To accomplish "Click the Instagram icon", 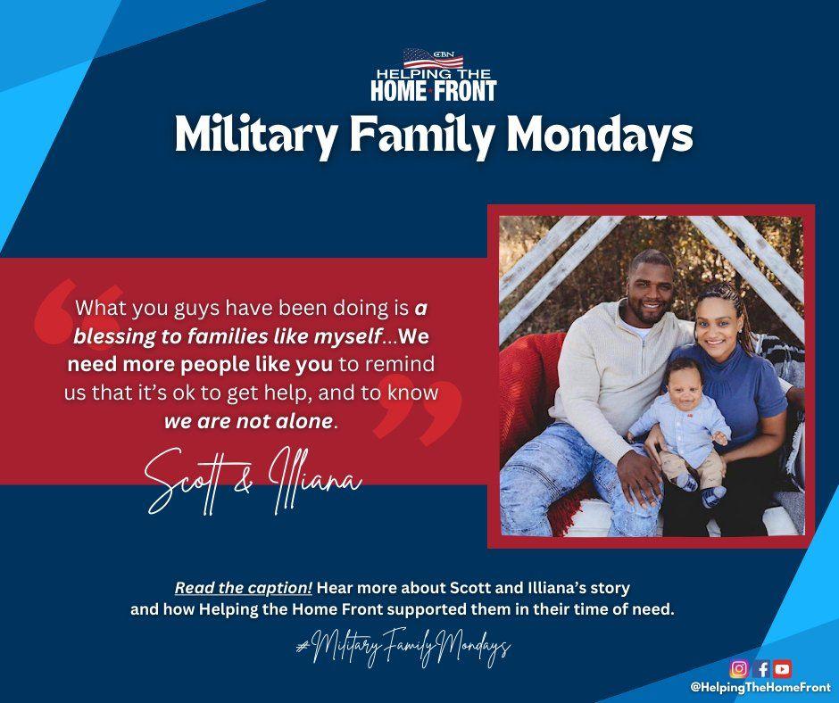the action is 739,669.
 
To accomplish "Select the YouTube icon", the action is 782,669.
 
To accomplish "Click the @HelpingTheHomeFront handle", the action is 760,687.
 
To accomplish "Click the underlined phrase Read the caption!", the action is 244,588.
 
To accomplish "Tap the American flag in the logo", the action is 433,58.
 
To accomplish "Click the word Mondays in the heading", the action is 599,135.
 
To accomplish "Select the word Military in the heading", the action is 256,136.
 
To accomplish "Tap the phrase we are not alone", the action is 248,421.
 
